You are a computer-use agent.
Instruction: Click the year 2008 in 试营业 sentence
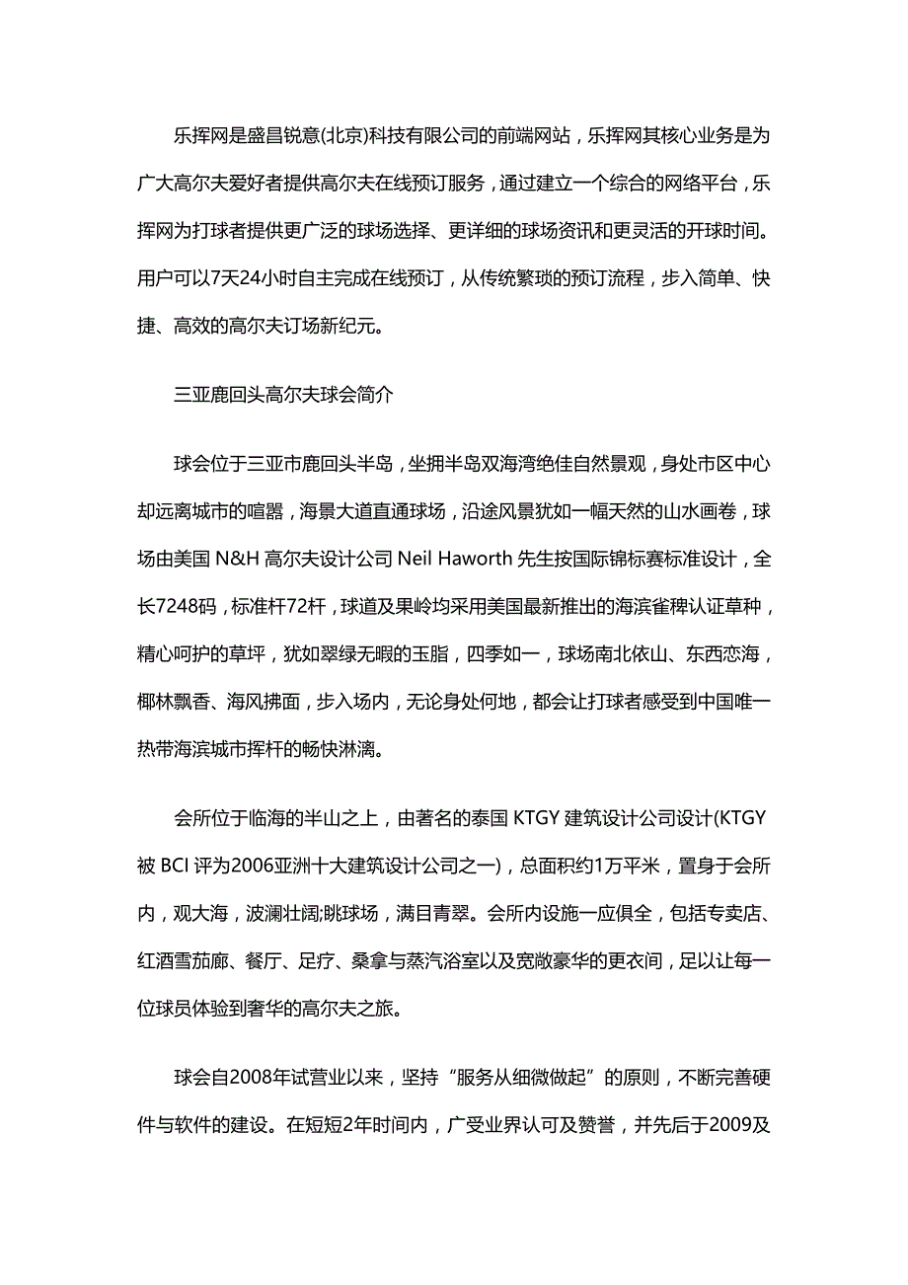[255, 1077]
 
